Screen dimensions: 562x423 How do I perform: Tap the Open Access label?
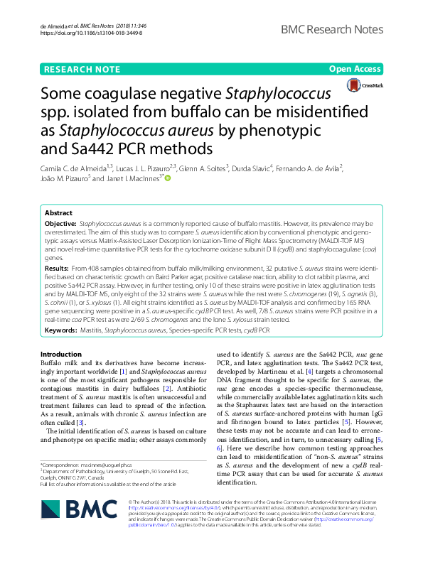(x=355, y=69)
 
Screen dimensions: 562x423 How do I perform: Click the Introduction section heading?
(x=61, y=354)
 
